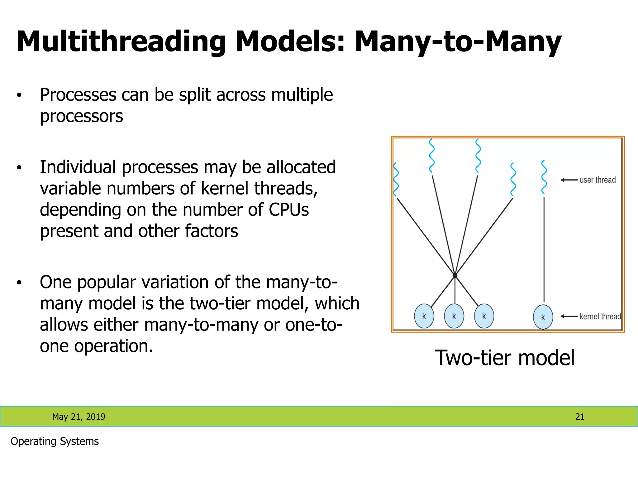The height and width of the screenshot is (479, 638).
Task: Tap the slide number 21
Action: click(x=580, y=417)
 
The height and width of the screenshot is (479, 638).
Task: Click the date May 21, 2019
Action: click(x=79, y=417)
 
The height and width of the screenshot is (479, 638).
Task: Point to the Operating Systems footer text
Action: click(x=55, y=441)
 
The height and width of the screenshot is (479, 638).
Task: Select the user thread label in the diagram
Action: click(x=598, y=180)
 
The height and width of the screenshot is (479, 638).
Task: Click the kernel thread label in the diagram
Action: click(x=600, y=317)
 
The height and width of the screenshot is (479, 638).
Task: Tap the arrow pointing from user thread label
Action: click(x=569, y=180)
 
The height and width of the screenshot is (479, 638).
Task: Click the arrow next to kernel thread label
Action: click(x=569, y=316)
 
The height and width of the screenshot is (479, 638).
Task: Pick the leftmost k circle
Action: click(x=424, y=316)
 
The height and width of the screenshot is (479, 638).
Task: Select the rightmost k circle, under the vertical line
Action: click(x=543, y=317)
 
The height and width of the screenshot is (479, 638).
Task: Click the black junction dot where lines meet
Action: click(x=455, y=276)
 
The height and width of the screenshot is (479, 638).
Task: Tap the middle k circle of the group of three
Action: click(x=454, y=316)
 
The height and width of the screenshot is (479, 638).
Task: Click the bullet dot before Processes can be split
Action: click(x=19, y=95)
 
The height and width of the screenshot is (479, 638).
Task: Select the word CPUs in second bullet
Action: click(x=288, y=210)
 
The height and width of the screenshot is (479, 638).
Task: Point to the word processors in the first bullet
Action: click(x=81, y=116)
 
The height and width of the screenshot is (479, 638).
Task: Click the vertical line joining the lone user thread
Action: click(x=544, y=249)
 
